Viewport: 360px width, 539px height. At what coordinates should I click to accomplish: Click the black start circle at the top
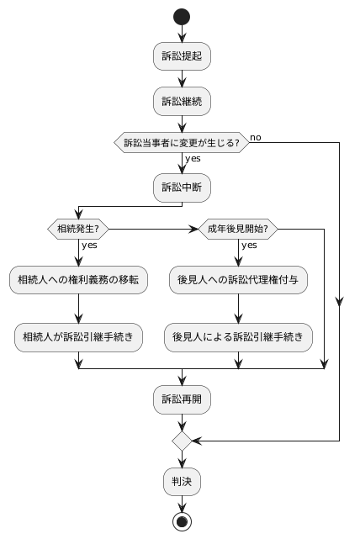coord(181,18)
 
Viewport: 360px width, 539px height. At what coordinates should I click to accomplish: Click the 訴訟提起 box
coord(181,57)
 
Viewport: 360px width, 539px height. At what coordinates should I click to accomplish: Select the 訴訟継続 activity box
coord(181,102)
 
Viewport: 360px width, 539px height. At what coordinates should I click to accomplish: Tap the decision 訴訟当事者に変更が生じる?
coord(181,142)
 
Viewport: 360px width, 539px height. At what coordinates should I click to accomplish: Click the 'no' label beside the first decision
coord(255,135)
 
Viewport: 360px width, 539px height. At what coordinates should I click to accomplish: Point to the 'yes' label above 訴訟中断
coord(193,159)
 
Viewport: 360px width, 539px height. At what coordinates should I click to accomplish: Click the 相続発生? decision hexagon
coord(77,229)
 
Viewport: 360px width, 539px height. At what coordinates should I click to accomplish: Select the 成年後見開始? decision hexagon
coord(237,229)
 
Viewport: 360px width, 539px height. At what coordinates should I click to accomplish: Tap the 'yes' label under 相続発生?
coord(89,246)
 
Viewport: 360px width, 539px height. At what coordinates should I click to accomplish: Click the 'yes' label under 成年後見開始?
coord(250,246)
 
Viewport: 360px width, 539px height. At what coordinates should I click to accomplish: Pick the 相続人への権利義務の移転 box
coord(78,279)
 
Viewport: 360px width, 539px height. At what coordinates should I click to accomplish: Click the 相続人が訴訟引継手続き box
coord(78,337)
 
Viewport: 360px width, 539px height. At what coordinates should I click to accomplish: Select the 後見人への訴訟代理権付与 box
coord(237,279)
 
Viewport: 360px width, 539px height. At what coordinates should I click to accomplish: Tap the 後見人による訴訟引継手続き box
coord(237,337)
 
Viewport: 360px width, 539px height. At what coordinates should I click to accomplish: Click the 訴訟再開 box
coord(181,398)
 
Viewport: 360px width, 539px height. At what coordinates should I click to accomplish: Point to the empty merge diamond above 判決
coord(181,440)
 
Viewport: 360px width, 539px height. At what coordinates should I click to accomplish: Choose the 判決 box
coord(181,481)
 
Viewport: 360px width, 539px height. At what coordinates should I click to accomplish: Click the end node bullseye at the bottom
coord(181,521)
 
